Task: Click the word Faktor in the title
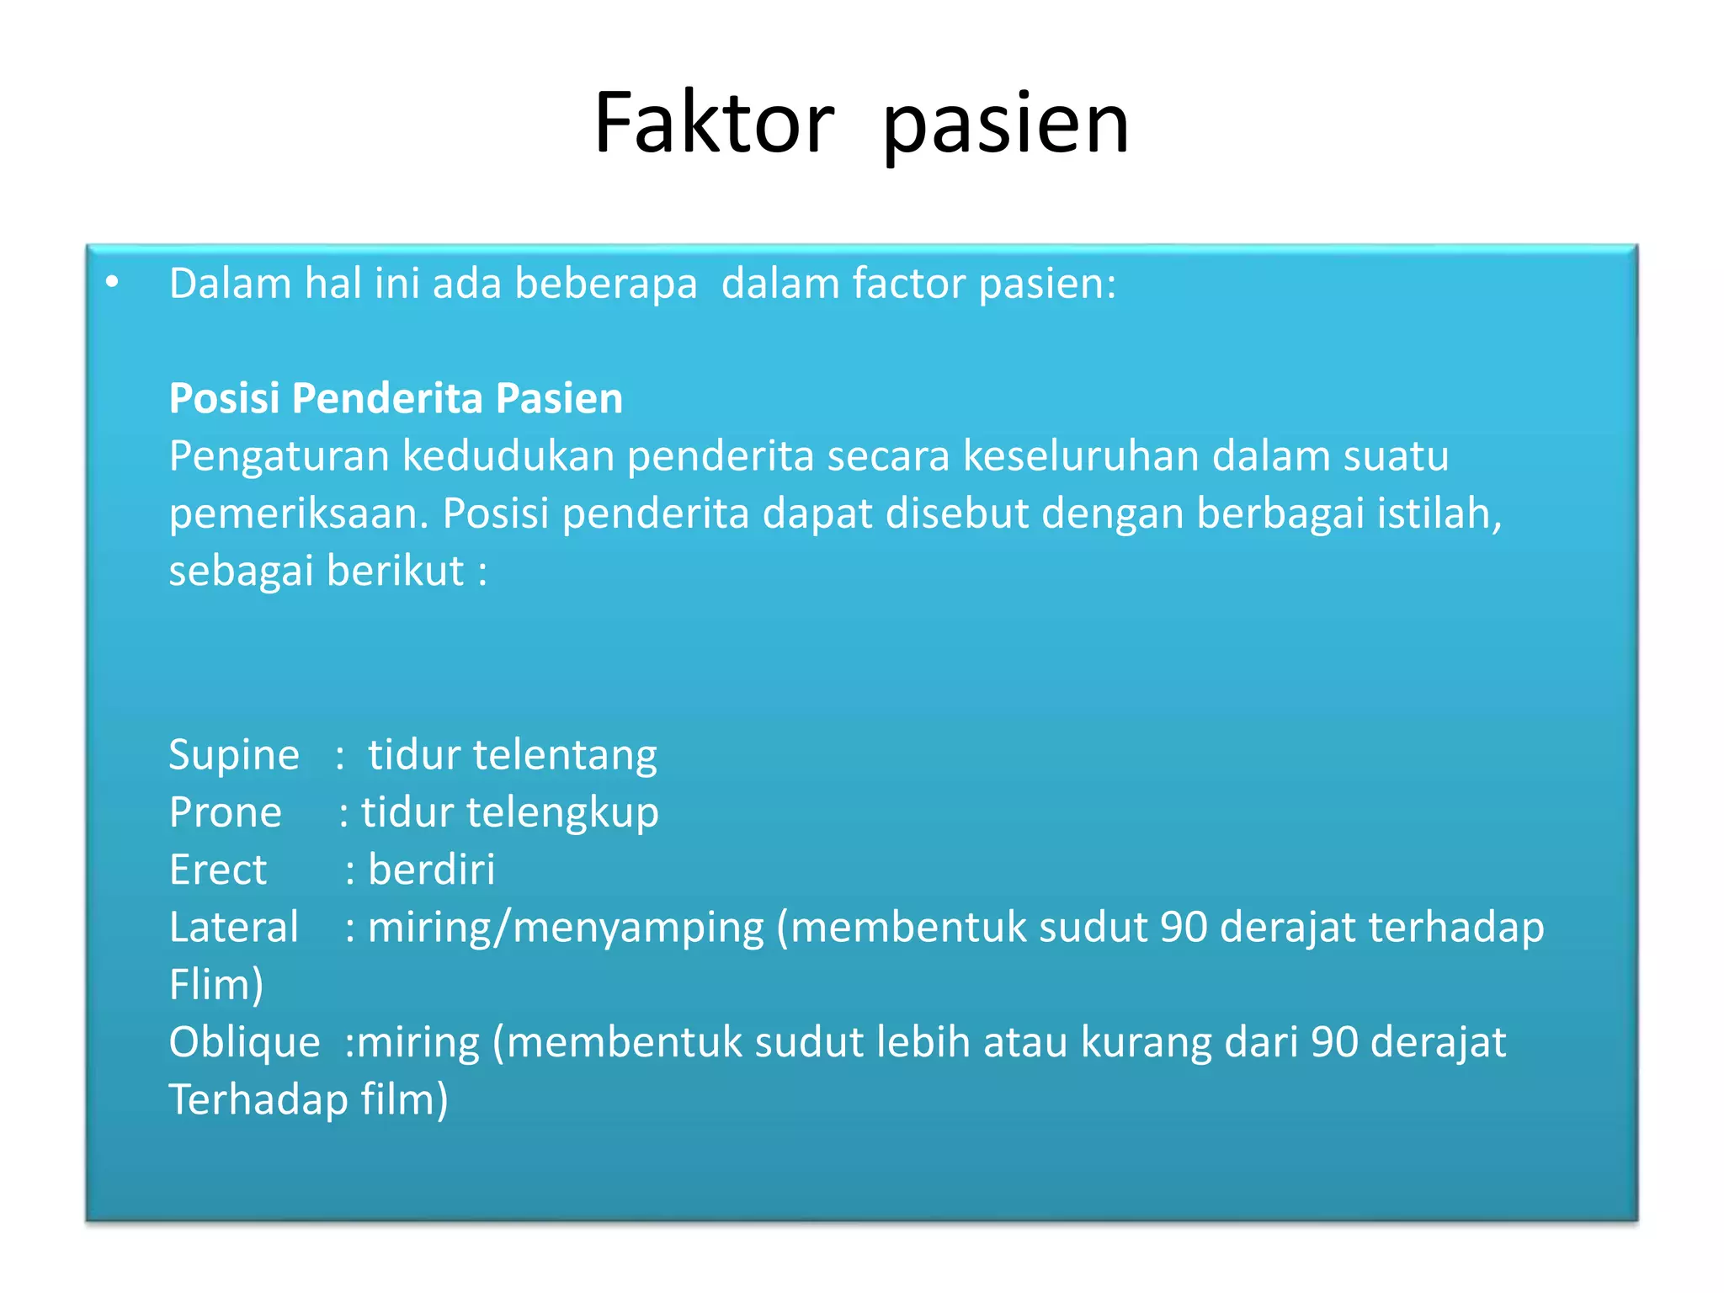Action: (714, 124)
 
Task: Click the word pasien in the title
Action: (1005, 126)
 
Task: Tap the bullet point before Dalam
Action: (113, 284)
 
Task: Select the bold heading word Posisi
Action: (224, 398)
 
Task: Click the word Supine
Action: (234, 755)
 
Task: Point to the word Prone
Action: (225, 812)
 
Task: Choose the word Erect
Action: (218, 870)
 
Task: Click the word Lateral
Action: (234, 927)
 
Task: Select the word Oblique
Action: (244, 1043)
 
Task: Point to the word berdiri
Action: (432, 870)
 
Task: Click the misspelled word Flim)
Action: (216, 984)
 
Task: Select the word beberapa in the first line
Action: (606, 284)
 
